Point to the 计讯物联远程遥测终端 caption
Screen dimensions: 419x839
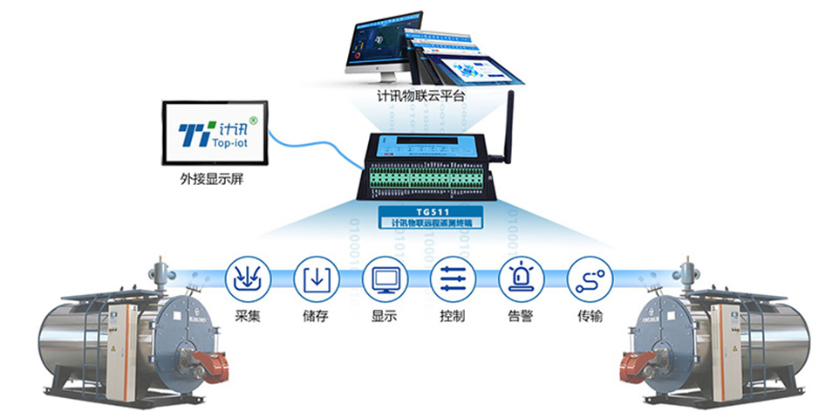pos(430,223)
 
